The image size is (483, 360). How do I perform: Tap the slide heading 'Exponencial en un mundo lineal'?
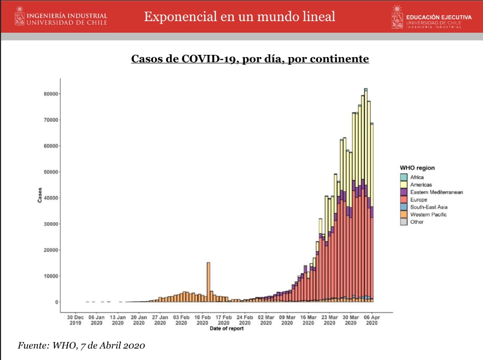tap(240, 16)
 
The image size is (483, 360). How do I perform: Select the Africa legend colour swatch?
tap(404, 177)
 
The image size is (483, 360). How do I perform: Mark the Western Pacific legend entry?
tap(428, 215)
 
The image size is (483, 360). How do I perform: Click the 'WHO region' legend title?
tap(417, 168)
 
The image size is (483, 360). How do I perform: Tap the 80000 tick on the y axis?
tap(51, 94)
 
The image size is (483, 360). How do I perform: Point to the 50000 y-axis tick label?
tap(51, 172)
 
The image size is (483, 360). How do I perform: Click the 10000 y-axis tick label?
tap(51, 276)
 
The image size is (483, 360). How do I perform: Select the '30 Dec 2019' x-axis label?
tap(75, 320)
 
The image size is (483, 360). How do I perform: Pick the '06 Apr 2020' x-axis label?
tap(372, 320)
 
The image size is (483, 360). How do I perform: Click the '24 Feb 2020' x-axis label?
tap(244, 320)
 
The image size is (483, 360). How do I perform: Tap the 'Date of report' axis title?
tap(226, 329)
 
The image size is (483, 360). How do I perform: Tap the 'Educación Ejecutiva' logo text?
tap(438, 17)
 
